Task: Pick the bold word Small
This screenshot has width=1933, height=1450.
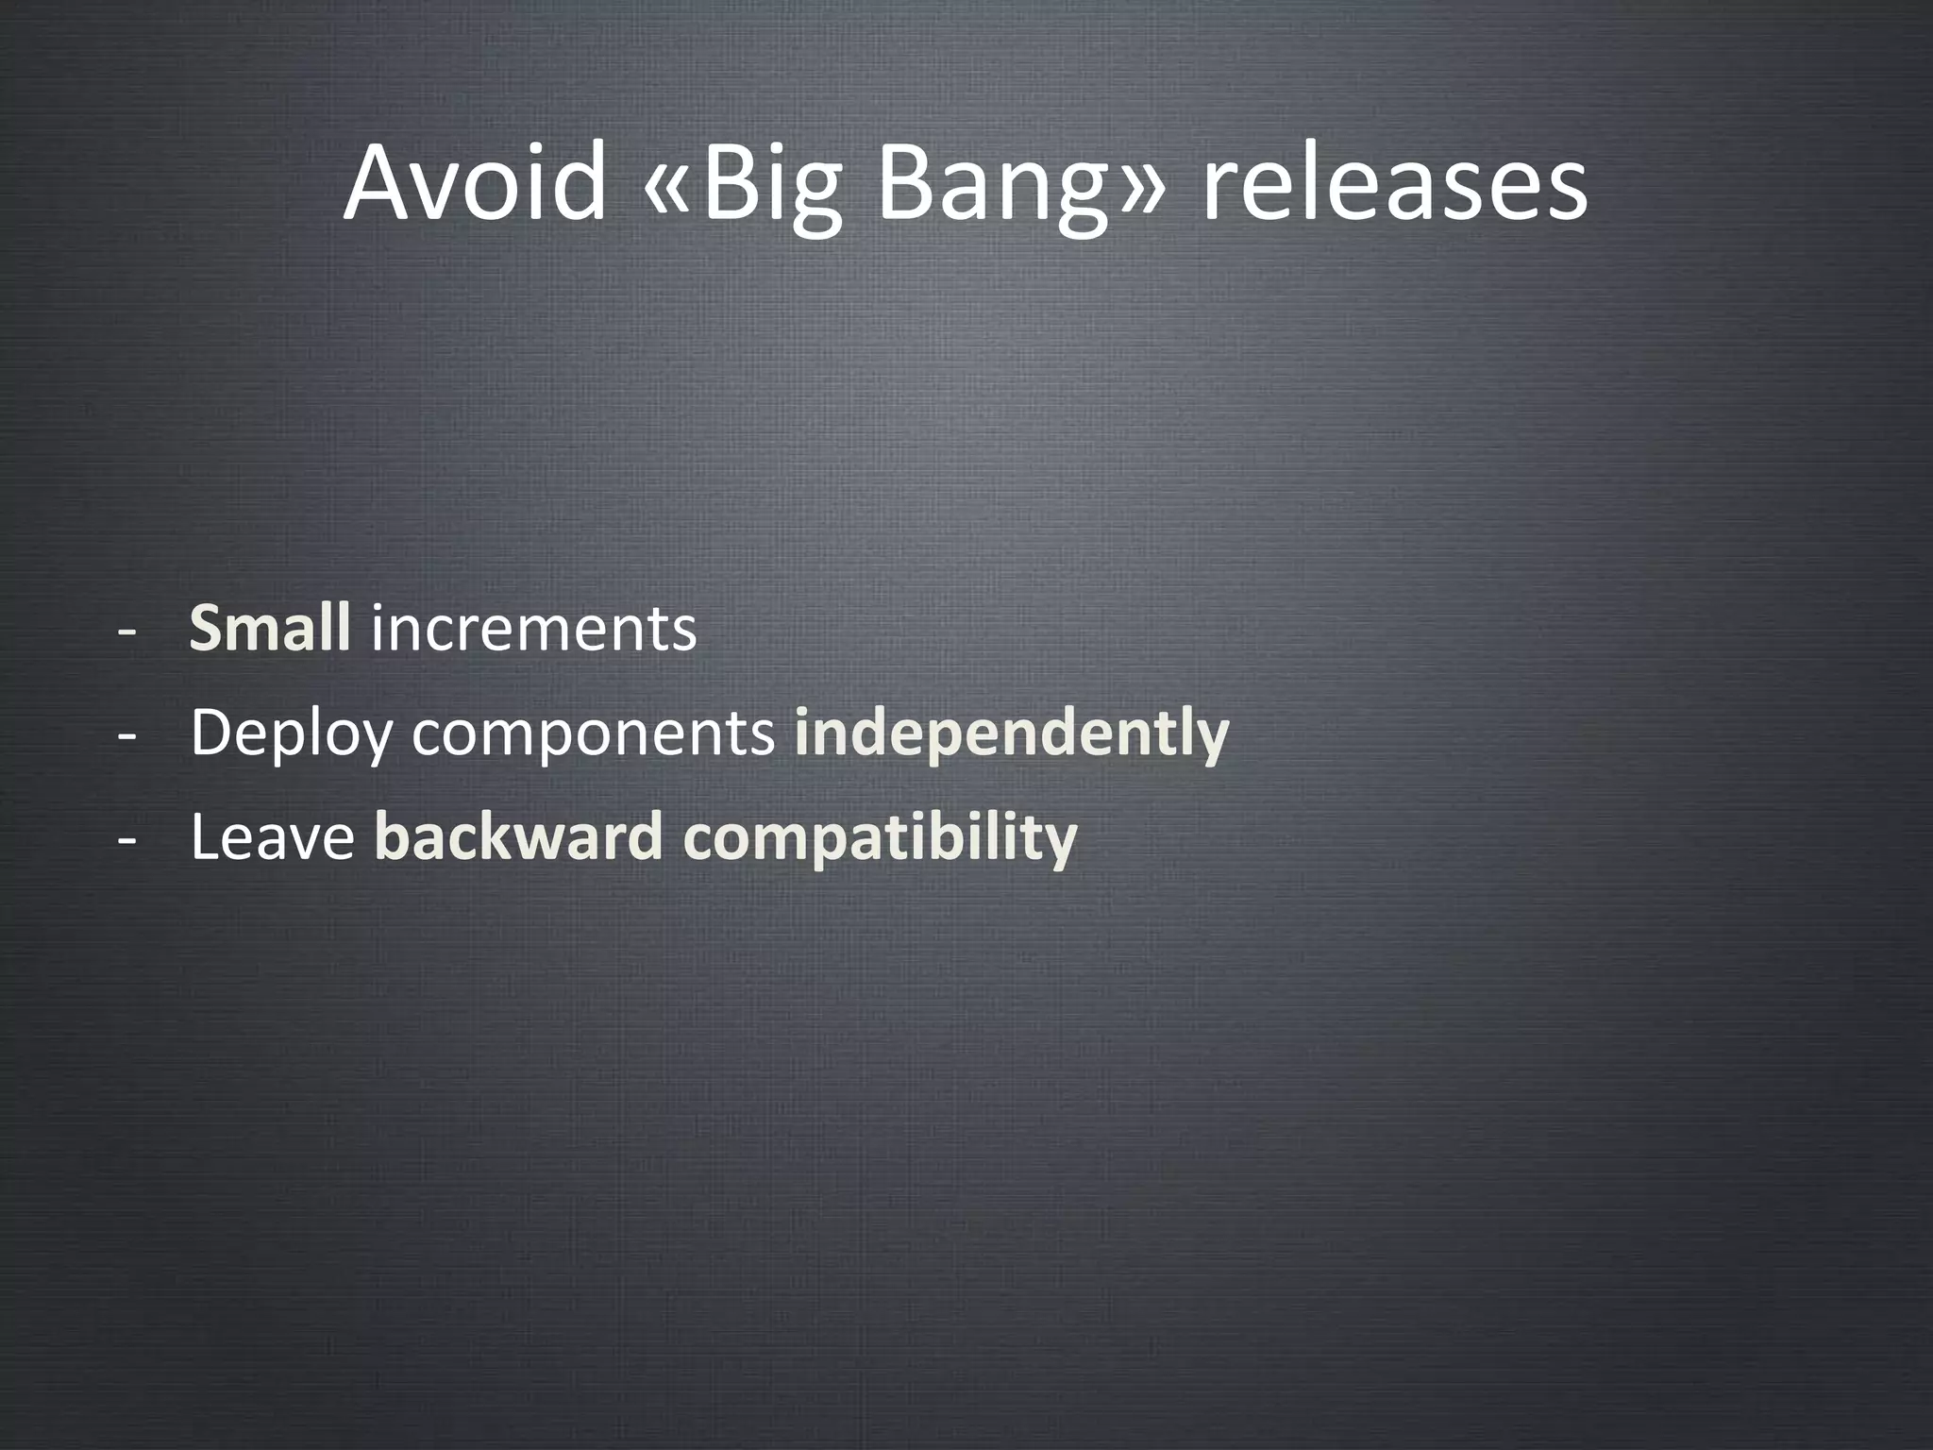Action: point(270,628)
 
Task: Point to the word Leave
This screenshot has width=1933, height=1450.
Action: point(272,837)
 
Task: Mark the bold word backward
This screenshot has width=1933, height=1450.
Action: point(519,837)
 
